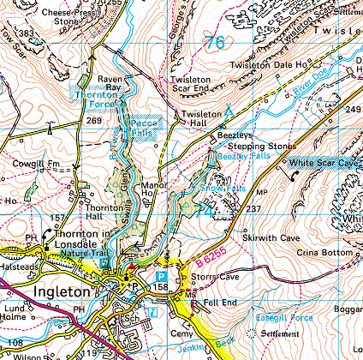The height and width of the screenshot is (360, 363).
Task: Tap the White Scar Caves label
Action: click(x=324, y=161)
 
